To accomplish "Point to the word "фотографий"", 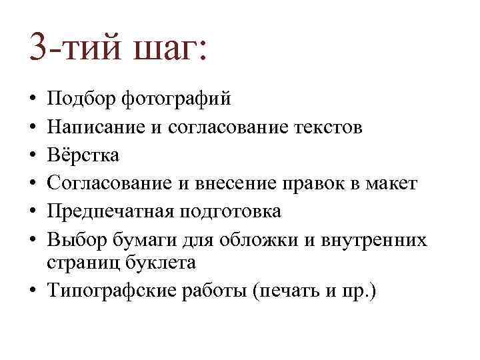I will click(176, 100).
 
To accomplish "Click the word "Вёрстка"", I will click(83, 155).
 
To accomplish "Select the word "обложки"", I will click(253, 239).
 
